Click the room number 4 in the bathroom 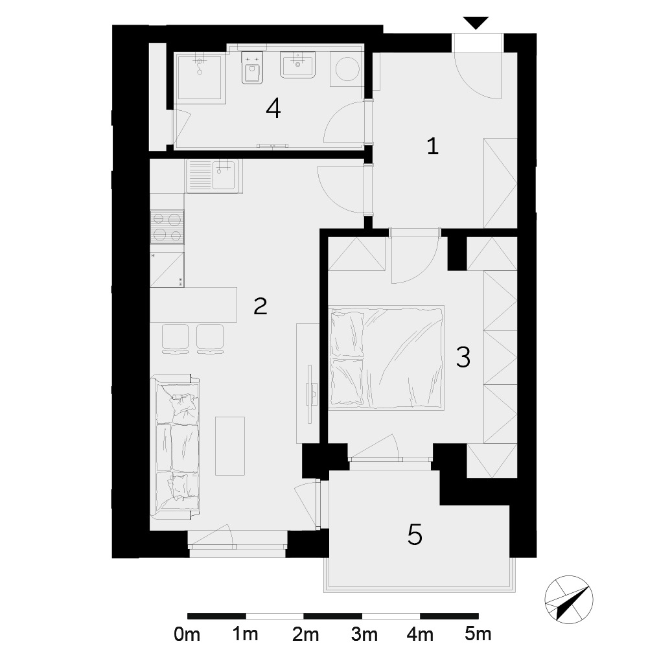(x=273, y=109)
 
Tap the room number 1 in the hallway (x=432, y=146)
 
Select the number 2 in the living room (x=260, y=306)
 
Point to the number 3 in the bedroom (x=463, y=358)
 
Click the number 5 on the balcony (x=415, y=535)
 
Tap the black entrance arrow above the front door (x=476, y=23)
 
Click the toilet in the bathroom (x=252, y=68)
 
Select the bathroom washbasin (x=297, y=64)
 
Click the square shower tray (x=200, y=78)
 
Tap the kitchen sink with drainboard (x=214, y=176)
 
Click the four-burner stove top (x=167, y=227)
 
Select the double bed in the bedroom (x=386, y=358)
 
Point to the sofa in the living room (x=175, y=446)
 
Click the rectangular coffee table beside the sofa (x=230, y=446)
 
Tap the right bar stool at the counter (x=211, y=340)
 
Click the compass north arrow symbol (x=569, y=599)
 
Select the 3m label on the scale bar (x=364, y=634)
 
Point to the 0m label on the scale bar (x=187, y=634)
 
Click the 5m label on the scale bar (x=478, y=634)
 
